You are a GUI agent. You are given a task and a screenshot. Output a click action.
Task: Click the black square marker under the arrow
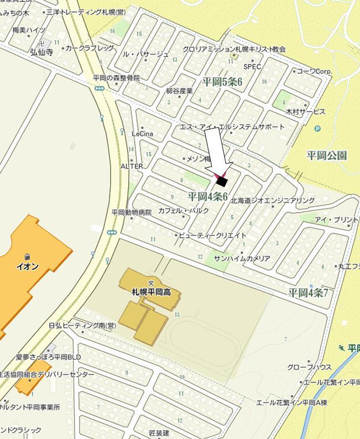222,181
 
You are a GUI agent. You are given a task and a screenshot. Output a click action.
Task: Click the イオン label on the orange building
27,266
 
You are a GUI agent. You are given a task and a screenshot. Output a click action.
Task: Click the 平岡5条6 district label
222,82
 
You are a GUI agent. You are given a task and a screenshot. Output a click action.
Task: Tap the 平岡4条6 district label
208,196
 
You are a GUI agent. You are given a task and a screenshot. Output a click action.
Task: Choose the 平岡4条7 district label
308,292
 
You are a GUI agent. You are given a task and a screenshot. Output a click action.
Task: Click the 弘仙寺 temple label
41,53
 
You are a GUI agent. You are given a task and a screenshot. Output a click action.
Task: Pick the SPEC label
252,67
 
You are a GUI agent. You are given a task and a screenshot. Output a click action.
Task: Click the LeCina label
142,134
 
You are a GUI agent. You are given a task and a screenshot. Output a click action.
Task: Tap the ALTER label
131,166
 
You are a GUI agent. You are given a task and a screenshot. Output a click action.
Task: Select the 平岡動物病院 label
131,212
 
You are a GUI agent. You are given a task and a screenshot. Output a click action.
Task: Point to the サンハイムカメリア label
242,259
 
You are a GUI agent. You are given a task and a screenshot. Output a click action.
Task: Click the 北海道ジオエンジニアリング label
272,200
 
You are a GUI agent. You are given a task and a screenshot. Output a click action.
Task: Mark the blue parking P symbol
317,129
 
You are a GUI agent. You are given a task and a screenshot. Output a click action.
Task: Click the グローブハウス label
310,367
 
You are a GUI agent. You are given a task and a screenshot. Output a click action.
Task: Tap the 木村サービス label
305,112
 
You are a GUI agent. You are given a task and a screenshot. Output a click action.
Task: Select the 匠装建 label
159,432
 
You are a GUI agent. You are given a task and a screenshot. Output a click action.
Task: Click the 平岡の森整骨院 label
116,78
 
